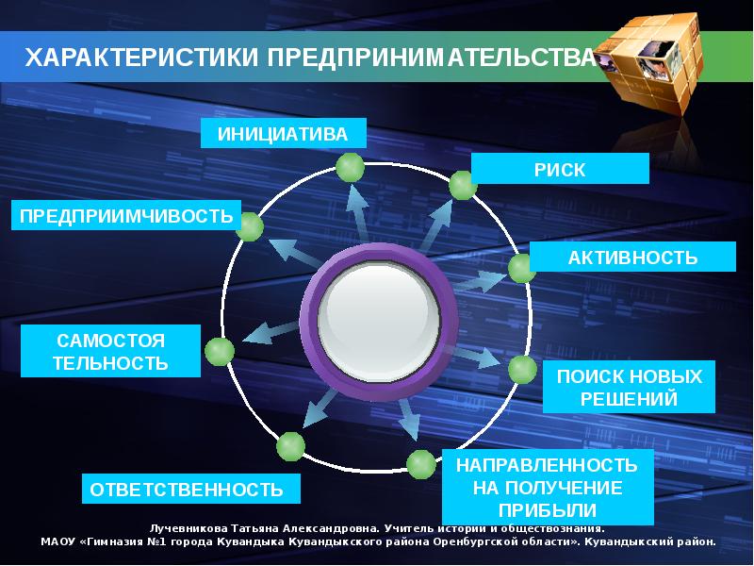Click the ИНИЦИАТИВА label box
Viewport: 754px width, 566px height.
click(283, 134)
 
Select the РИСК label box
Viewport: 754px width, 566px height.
click(560, 169)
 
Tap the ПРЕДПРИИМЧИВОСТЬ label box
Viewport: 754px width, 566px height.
click(126, 216)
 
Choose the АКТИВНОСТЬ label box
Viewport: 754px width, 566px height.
click(632, 258)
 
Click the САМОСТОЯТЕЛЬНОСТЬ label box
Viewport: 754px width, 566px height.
click(111, 351)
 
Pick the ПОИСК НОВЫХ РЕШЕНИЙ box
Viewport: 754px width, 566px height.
click(630, 387)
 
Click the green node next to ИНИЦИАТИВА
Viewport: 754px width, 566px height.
click(350, 168)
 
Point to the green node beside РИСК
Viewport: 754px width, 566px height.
click(463, 185)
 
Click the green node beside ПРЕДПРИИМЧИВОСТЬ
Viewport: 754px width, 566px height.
click(249, 226)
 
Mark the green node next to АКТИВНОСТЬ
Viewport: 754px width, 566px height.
click(522, 269)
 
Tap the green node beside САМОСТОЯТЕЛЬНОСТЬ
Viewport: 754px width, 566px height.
click(220, 351)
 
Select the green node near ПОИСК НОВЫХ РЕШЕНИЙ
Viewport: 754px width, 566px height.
click(522, 370)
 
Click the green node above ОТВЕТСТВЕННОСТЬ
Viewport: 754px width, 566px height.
click(290, 445)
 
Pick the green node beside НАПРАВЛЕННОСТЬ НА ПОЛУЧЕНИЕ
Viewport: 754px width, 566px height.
click(420, 464)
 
